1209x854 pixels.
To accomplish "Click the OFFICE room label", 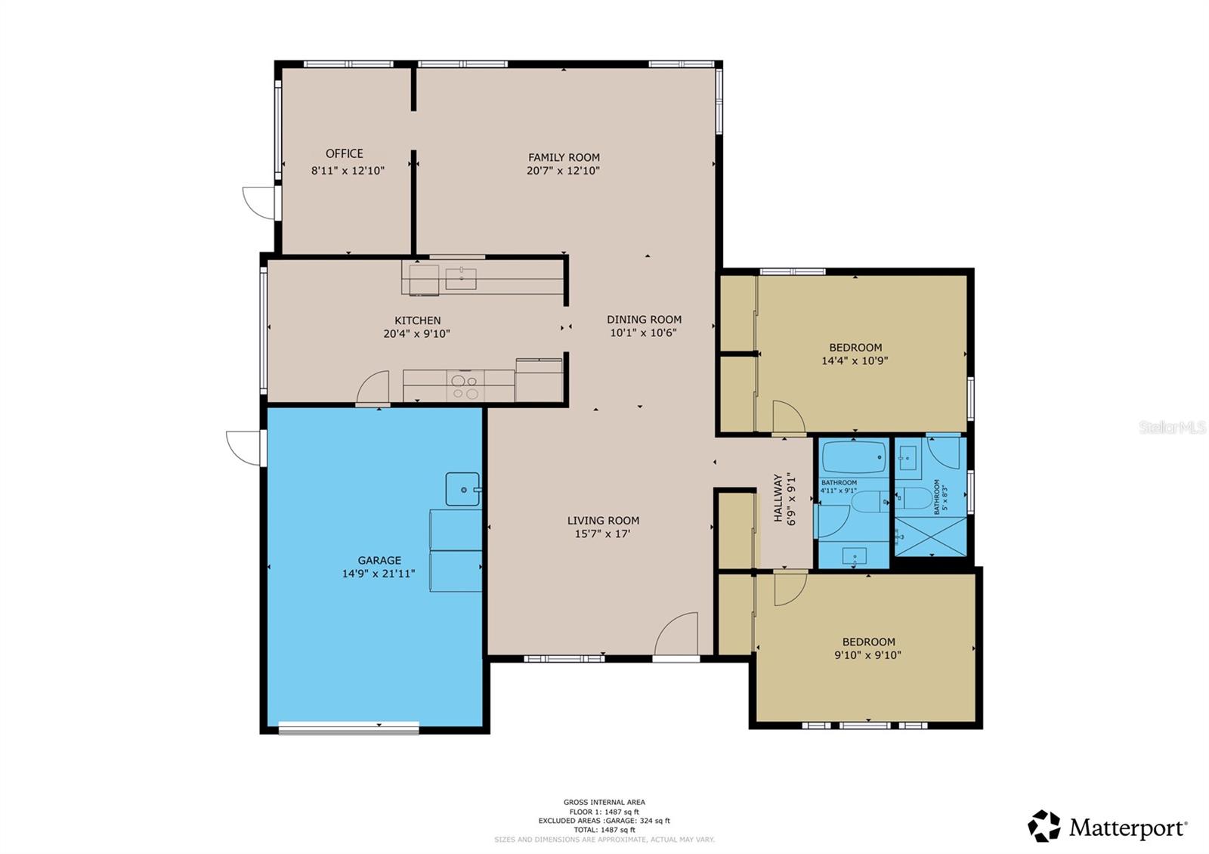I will pyautogui.click(x=345, y=153).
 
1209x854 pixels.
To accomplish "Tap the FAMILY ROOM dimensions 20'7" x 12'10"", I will pyautogui.click(x=563, y=171).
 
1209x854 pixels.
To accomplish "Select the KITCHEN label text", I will pyautogui.click(x=417, y=320).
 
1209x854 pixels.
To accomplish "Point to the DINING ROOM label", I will pyautogui.click(x=644, y=320).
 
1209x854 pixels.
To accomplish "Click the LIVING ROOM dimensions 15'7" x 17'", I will pyautogui.click(x=602, y=534).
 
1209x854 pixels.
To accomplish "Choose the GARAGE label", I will pyautogui.click(x=379, y=560).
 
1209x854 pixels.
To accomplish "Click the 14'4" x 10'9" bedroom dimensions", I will pyautogui.click(x=855, y=360).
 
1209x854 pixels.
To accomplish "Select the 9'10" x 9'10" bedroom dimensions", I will pyautogui.click(x=867, y=655).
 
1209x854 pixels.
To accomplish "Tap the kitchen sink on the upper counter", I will pyautogui.click(x=460, y=278).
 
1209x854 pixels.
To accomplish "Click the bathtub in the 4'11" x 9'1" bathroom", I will pyautogui.click(x=854, y=457).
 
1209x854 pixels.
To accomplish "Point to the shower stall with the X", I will pyautogui.click(x=929, y=537).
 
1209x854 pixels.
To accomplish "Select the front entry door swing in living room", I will pyautogui.click(x=676, y=636).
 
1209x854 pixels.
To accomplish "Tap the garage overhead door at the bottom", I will pyautogui.click(x=348, y=728).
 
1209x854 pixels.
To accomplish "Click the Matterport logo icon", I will pyautogui.click(x=1044, y=826).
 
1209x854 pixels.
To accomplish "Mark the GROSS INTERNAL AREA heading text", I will pyautogui.click(x=604, y=803).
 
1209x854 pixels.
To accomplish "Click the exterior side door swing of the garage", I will pyautogui.click(x=244, y=447).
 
